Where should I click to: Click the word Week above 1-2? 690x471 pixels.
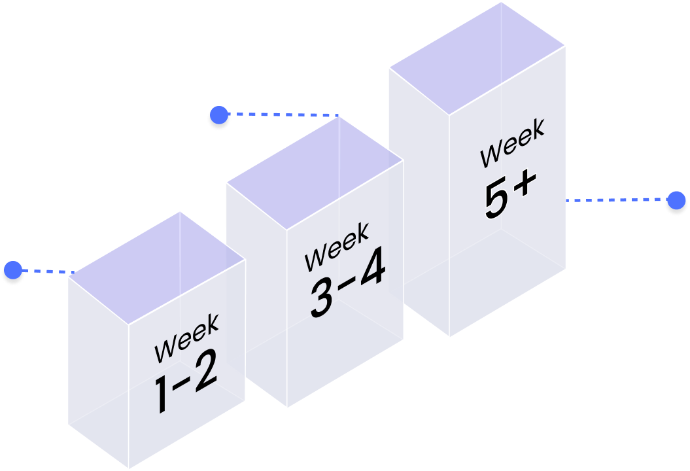pos(187,339)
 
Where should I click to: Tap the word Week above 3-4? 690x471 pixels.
pos(337,247)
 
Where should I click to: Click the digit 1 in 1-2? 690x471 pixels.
pos(162,395)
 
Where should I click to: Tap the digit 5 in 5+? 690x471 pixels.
pos(497,199)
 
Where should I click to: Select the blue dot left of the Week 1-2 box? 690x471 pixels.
pos(13,270)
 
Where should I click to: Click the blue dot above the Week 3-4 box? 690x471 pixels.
pos(219,116)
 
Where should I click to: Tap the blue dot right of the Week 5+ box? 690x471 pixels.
pos(676,200)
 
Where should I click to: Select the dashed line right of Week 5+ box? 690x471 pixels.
pos(615,200)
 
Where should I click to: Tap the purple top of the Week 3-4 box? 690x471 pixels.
pos(314,173)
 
